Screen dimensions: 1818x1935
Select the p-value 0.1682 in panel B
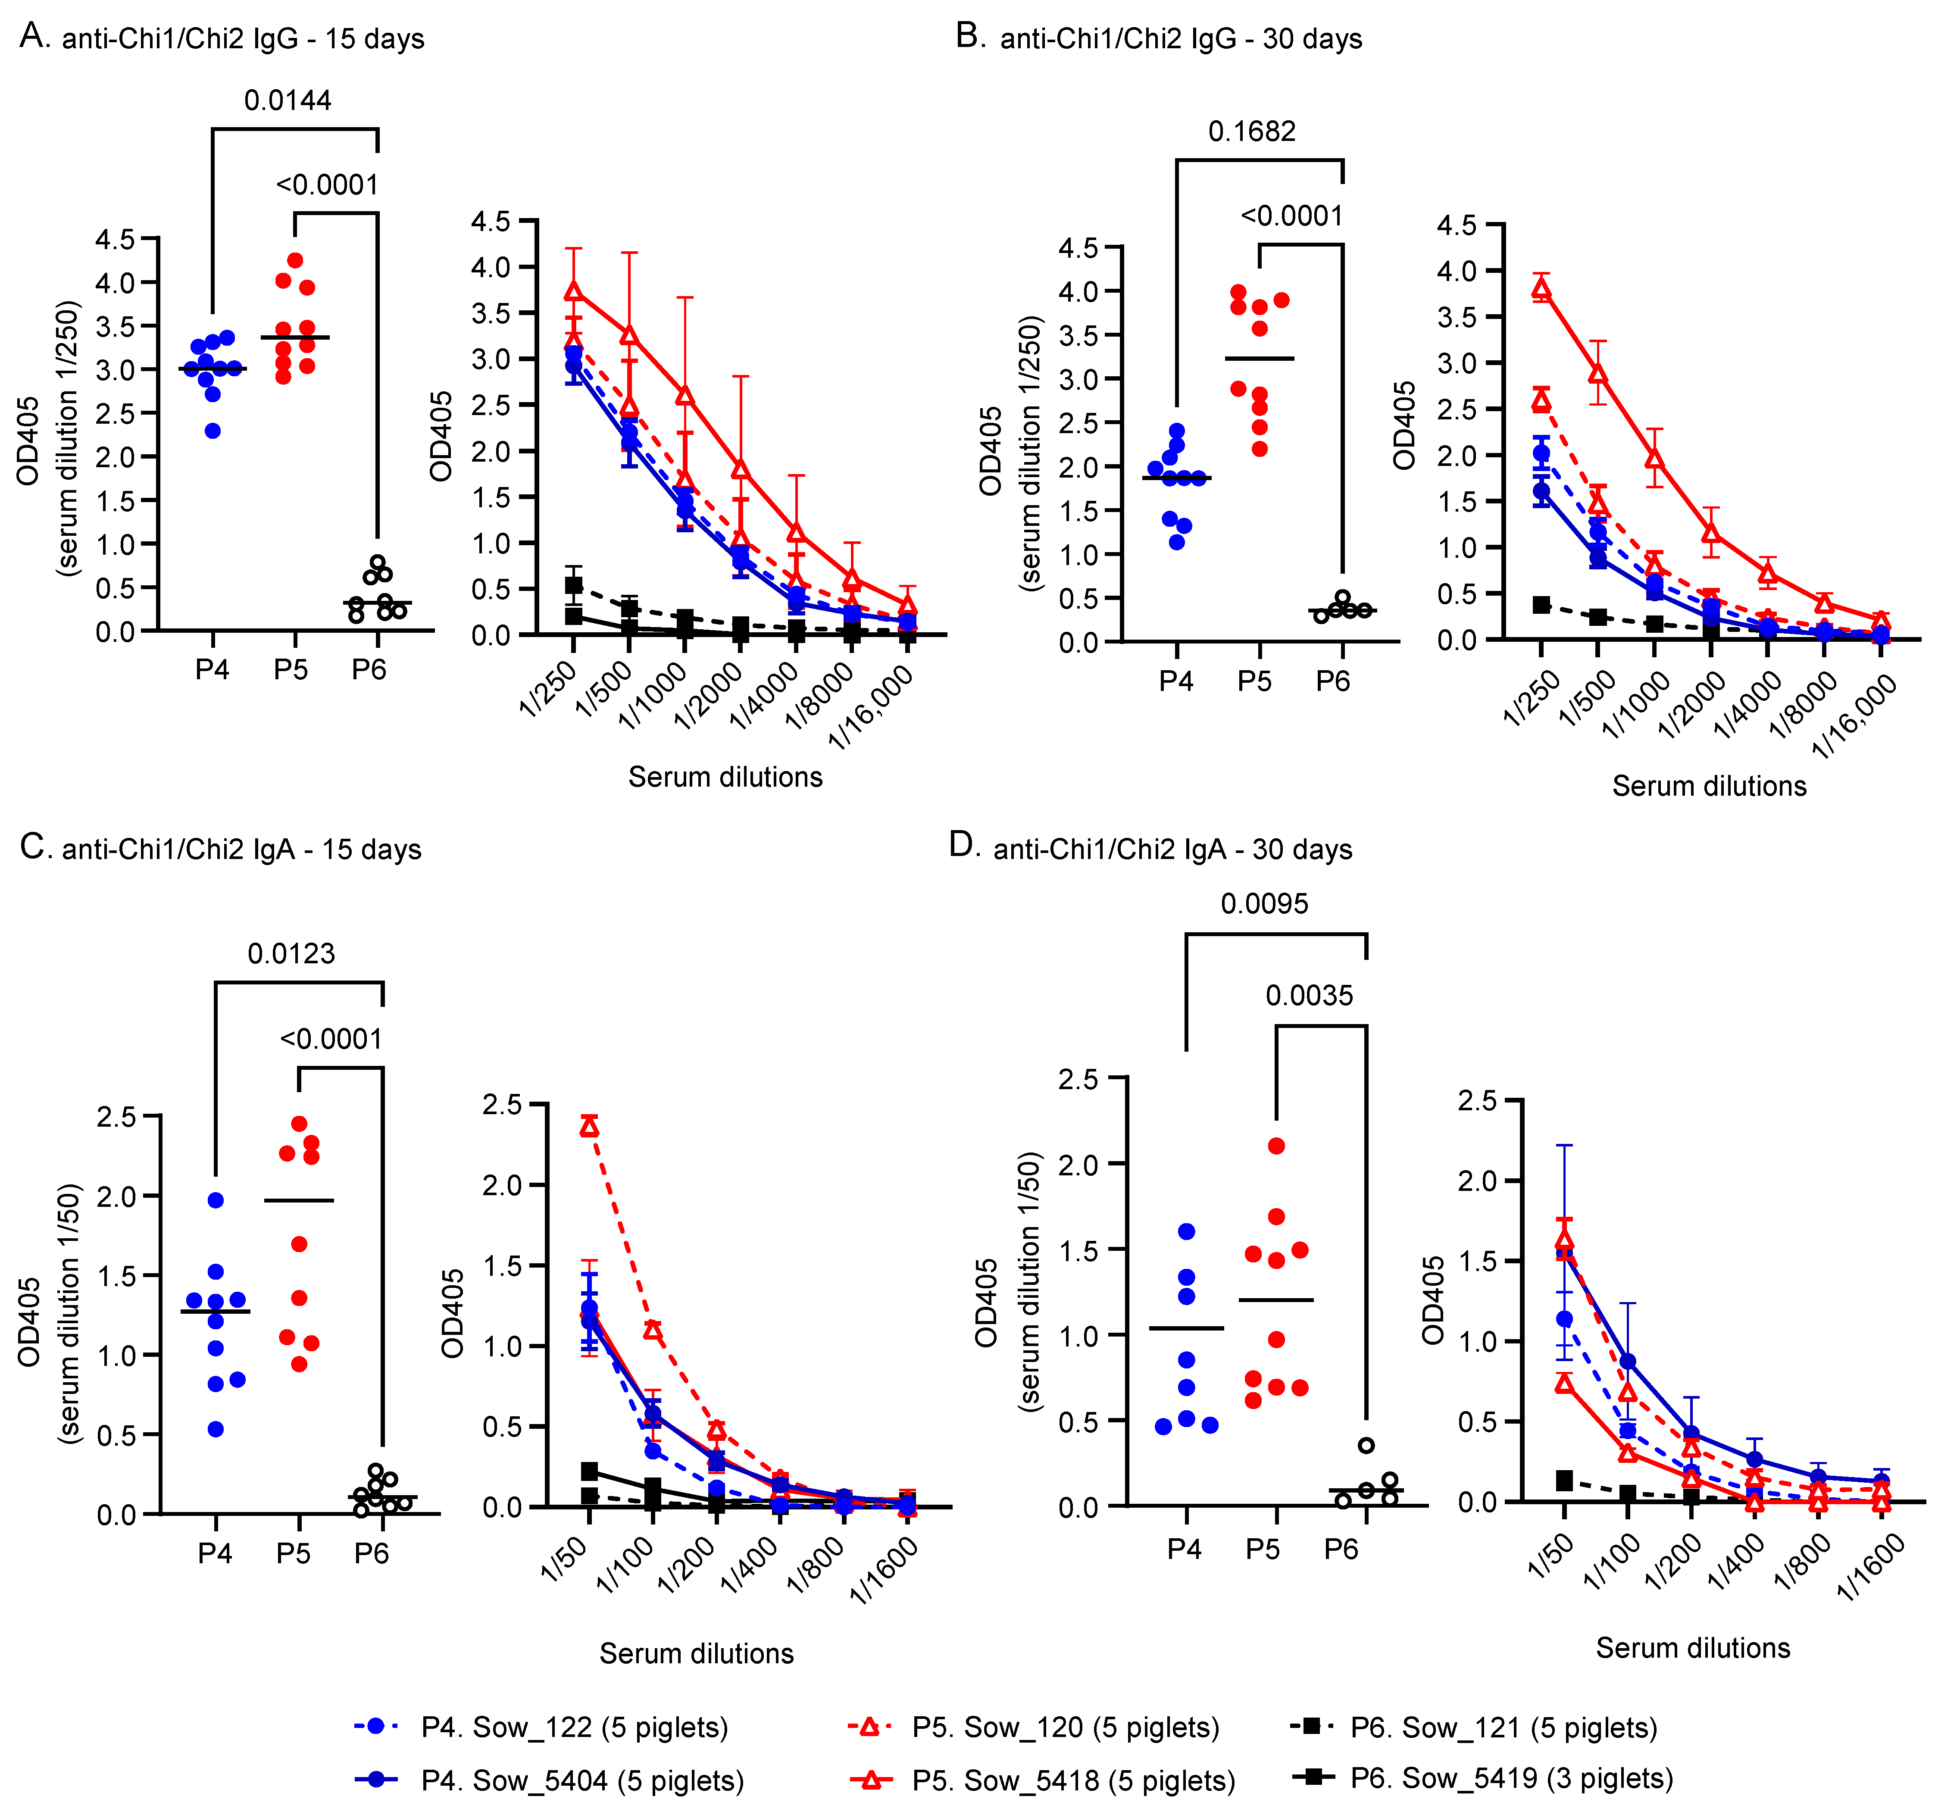pyautogui.click(x=1252, y=131)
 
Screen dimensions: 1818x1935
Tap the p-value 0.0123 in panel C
pyautogui.click(x=291, y=954)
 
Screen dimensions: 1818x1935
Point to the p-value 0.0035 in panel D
pyautogui.click(x=1309, y=996)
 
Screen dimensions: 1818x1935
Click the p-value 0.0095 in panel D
pyautogui.click(x=1264, y=904)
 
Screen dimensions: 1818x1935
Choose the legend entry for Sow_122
pyautogui.click(x=574, y=1727)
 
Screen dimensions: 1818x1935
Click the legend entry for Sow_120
pyautogui.click(x=1066, y=1727)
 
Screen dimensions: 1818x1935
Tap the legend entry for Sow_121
pyautogui.click(x=1504, y=1727)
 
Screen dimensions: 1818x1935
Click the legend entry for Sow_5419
pyautogui.click(x=1512, y=1778)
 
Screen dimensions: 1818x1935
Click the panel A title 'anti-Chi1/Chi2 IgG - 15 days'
pyautogui.click(x=244, y=39)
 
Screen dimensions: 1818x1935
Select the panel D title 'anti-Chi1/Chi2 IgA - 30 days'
pyautogui.click(x=1172, y=850)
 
